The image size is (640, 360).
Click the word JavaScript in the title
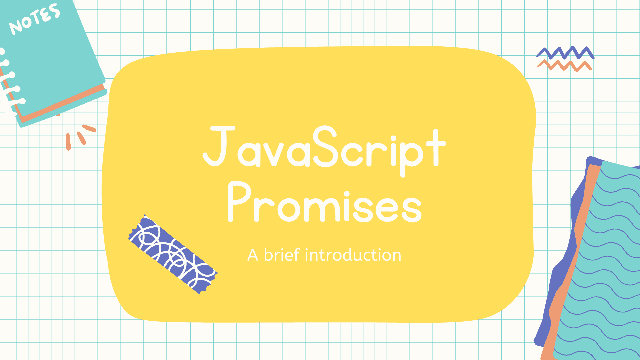324,150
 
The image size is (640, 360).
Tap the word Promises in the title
325,202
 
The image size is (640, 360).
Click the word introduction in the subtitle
353,255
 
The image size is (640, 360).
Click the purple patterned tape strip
173,254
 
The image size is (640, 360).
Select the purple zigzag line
565,53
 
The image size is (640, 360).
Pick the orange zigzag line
565,65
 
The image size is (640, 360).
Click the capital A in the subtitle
253,255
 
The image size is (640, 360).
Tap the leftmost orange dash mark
68,142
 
